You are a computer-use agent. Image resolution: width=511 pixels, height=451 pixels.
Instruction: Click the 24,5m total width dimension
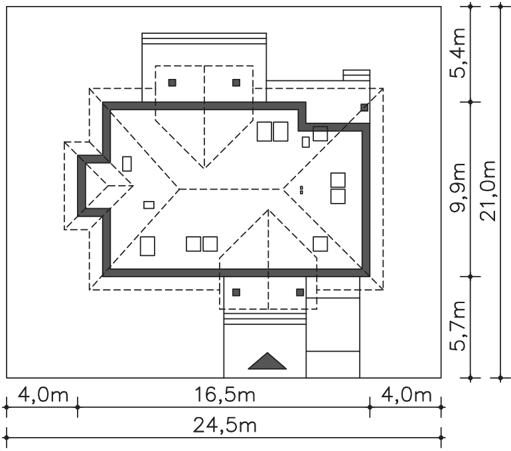[224, 426]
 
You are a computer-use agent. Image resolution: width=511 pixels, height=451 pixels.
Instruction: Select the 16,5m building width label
[224, 395]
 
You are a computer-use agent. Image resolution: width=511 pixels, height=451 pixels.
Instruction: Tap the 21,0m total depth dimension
[488, 190]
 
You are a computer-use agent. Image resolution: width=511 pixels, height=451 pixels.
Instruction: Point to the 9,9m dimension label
[457, 187]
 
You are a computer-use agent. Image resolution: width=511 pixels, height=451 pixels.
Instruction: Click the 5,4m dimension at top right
[457, 53]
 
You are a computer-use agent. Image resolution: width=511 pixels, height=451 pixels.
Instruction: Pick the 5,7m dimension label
[457, 325]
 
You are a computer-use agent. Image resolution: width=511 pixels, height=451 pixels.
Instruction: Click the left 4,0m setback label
[43, 395]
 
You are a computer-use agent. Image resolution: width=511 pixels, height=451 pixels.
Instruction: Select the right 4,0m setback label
[406, 395]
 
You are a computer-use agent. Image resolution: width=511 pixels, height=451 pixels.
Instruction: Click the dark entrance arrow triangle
[267, 361]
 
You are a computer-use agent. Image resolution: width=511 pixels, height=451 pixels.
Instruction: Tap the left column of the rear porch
[172, 83]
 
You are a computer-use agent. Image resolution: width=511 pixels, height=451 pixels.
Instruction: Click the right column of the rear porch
[236, 83]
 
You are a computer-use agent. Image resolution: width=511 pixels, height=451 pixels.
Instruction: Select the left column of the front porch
[236, 292]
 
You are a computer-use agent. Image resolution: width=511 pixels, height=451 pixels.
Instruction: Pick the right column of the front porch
[300, 292]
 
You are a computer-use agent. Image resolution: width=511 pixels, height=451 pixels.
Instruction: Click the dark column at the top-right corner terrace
[364, 107]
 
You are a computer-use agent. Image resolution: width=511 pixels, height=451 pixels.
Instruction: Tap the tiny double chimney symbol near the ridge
[301, 190]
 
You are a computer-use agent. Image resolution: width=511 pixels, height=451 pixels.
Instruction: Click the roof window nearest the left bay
[127, 164]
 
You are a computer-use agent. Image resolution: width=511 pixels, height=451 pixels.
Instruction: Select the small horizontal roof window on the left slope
[149, 205]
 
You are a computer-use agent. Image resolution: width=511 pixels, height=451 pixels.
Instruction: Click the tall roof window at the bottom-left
[147, 246]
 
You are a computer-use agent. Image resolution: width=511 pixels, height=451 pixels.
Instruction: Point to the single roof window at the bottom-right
[321, 244]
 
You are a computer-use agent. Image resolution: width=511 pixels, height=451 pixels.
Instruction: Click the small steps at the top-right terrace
[356, 75]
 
